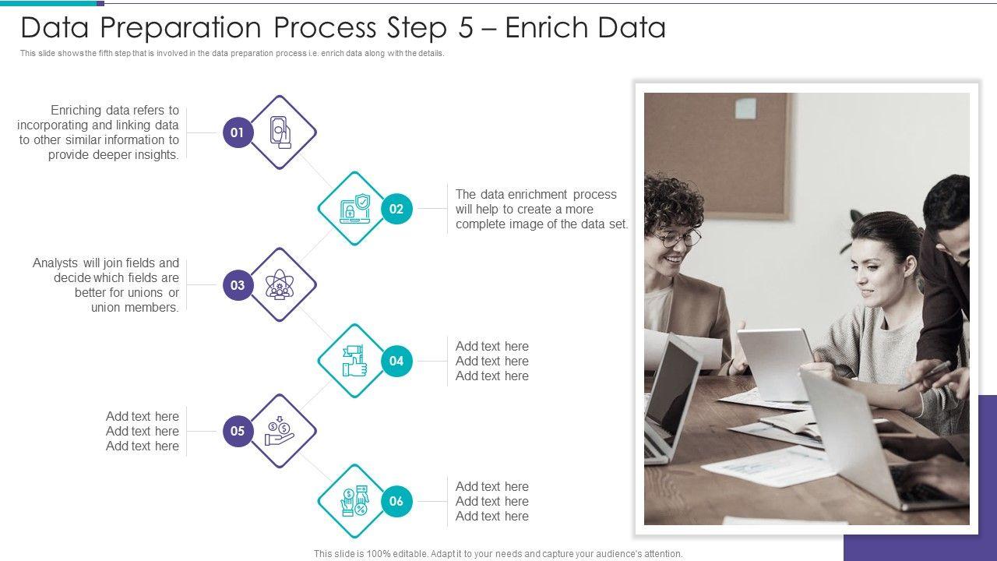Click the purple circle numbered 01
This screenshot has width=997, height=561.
(238, 132)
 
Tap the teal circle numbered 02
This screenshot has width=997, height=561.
(396, 209)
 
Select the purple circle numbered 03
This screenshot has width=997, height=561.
(238, 285)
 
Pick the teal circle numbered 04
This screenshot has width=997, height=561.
(396, 361)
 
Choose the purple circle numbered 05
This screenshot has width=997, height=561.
(238, 431)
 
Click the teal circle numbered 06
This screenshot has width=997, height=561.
(396, 501)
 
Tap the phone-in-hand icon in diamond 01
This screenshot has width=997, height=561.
(280, 132)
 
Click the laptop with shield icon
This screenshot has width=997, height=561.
(354, 209)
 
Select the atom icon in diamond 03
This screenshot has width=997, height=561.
(279, 285)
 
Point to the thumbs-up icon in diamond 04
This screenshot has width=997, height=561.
(354, 361)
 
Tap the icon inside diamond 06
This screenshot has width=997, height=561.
(354, 501)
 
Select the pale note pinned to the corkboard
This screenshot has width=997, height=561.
(746, 108)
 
